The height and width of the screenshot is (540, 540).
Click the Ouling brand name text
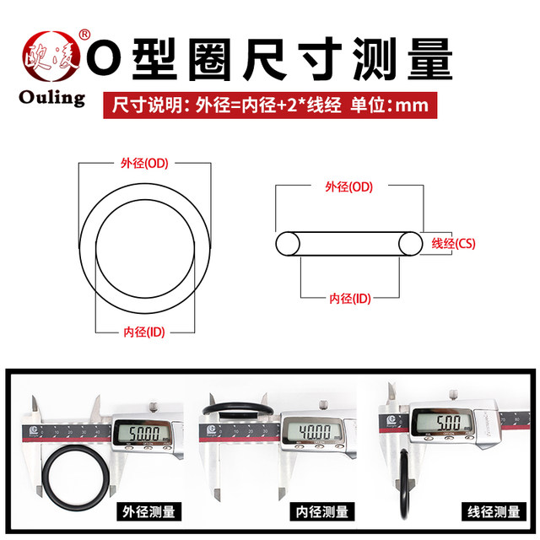click(x=52, y=97)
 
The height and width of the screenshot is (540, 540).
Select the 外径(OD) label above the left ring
click(x=140, y=163)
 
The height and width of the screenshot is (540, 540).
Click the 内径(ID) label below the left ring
click(x=143, y=332)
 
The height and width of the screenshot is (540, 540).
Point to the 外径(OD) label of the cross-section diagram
click(x=348, y=186)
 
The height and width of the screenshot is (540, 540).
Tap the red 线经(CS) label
click(x=454, y=243)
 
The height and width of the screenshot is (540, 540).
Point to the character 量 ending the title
click(x=428, y=61)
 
